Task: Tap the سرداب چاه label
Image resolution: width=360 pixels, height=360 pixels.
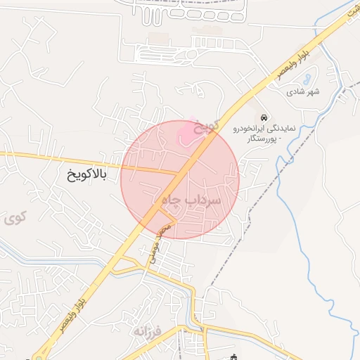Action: [x=191, y=200]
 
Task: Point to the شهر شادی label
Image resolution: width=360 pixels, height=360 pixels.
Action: [x=303, y=92]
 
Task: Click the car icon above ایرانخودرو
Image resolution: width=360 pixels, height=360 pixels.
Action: [x=263, y=117]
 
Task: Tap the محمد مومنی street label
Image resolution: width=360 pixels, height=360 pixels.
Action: [x=158, y=240]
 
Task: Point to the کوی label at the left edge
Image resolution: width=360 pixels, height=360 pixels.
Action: [x=15, y=218]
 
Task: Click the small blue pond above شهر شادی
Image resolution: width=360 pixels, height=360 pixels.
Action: [x=312, y=75]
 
